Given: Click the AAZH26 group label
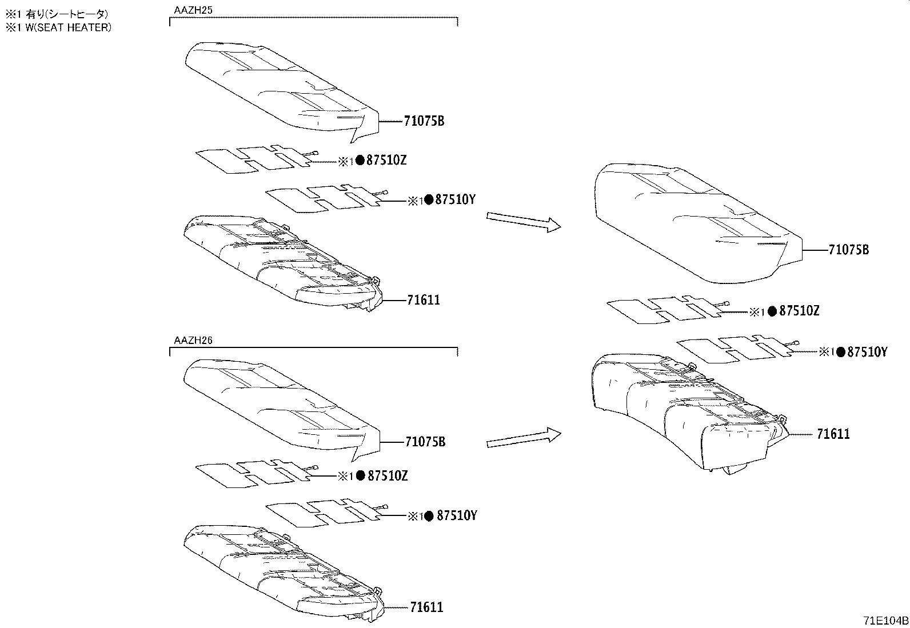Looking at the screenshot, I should click(193, 340).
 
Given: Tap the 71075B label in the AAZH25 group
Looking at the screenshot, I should click(424, 121).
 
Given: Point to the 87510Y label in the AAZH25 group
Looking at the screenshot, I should click(456, 199).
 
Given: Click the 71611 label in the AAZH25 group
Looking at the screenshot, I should click(424, 300).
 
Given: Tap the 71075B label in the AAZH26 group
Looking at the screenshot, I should click(425, 442).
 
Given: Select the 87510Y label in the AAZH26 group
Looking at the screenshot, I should click(456, 515).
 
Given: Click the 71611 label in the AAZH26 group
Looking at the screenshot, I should click(426, 607).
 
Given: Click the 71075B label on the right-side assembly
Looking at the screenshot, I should click(848, 250).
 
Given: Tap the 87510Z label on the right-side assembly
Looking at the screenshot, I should click(799, 311).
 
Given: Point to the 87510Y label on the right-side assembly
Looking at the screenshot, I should click(867, 352).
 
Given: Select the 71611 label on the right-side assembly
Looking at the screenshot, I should click(833, 434).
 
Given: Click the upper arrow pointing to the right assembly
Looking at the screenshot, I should click(523, 222).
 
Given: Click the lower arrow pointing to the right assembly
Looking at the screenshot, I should click(523, 438).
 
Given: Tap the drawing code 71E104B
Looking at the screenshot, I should click(886, 621).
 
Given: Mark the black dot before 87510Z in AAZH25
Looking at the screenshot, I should click(360, 161).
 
